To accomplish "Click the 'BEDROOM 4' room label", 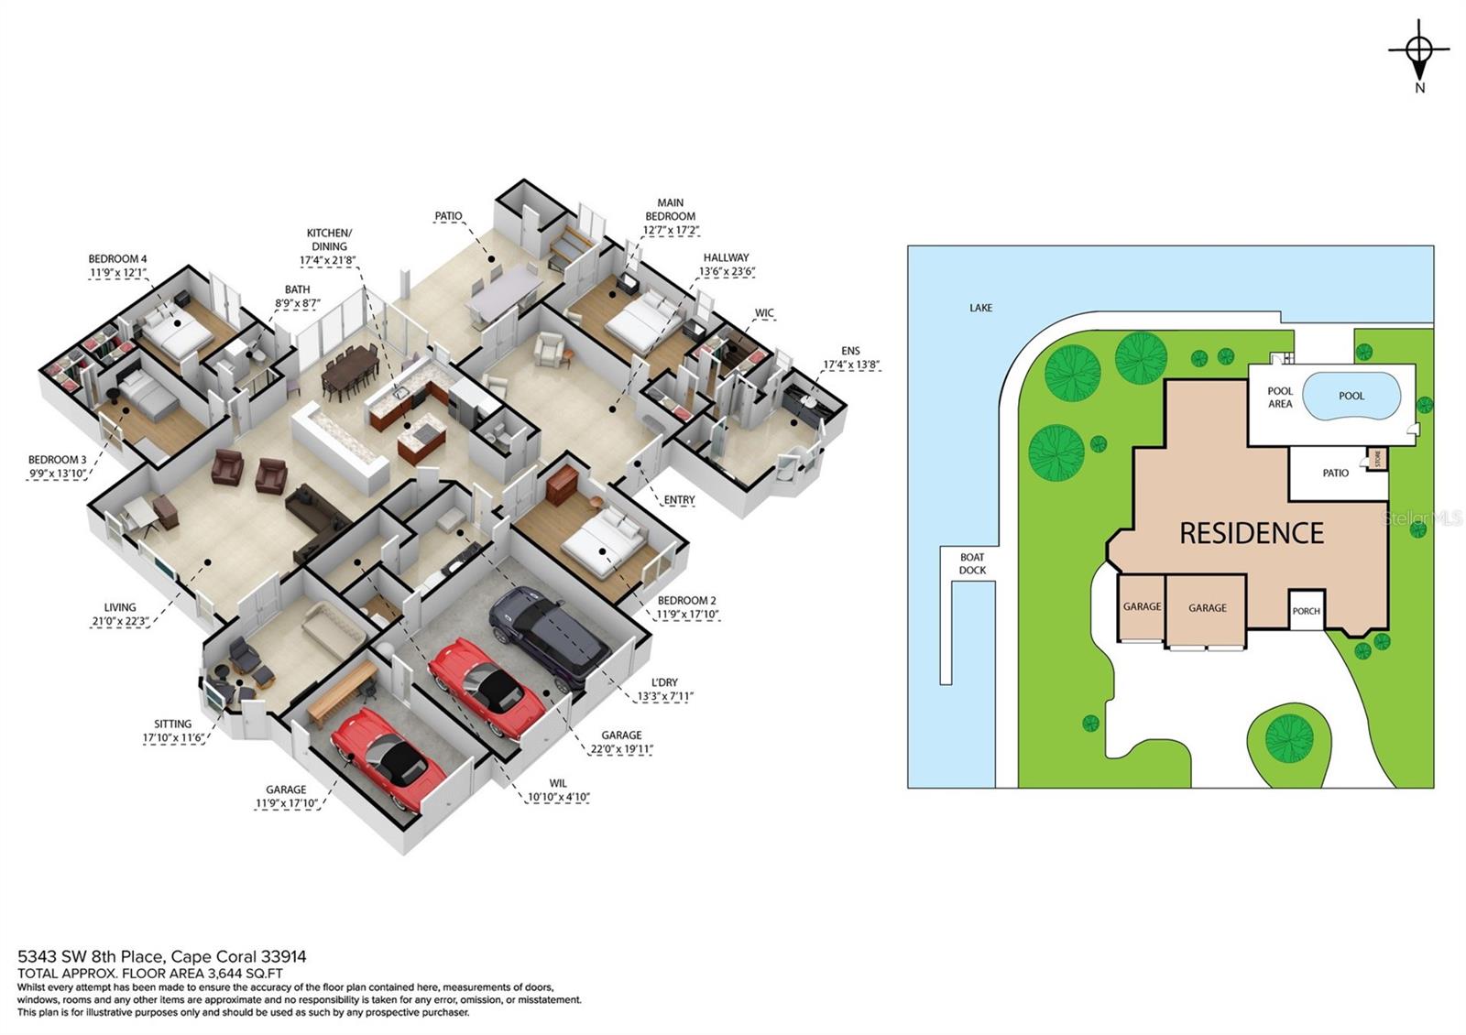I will coord(118,259).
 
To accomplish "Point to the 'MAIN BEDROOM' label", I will coord(670,210).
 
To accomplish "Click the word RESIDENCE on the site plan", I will coord(1251,533).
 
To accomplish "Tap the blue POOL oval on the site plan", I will coord(1351,396).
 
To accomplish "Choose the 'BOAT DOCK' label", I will coord(972,563).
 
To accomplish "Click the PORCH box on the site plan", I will coord(1306,611).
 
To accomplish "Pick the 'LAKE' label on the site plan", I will coord(980,308).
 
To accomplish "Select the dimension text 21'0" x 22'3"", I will coord(114,621).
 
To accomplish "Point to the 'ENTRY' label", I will coord(679,500).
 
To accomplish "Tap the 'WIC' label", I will coord(764,313).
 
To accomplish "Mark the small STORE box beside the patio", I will coord(1376,459).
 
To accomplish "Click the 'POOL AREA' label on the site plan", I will coord(1280,397).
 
